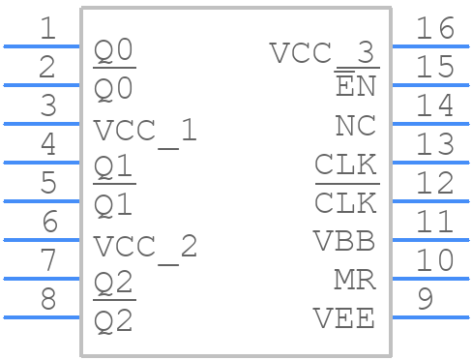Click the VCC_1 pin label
pos(145,130)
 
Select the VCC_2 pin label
pos(145,246)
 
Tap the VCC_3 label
pos(322,52)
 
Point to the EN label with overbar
pos(355,87)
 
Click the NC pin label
pos(355,126)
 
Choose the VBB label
pos(343,241)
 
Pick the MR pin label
pos(354,280)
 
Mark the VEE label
pos(343,317)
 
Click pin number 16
pos(434,29)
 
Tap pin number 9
pos(424,299)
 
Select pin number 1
pos(47,29)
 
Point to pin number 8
pos(47,299)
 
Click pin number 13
pos(434,145)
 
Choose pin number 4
pos(47,145)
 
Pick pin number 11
pos(434,222)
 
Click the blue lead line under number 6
pos(43,239)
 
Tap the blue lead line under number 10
pos(429,278)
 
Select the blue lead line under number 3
pos(43,123)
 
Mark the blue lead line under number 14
pos(429,123)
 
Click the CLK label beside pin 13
pos(345,165)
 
